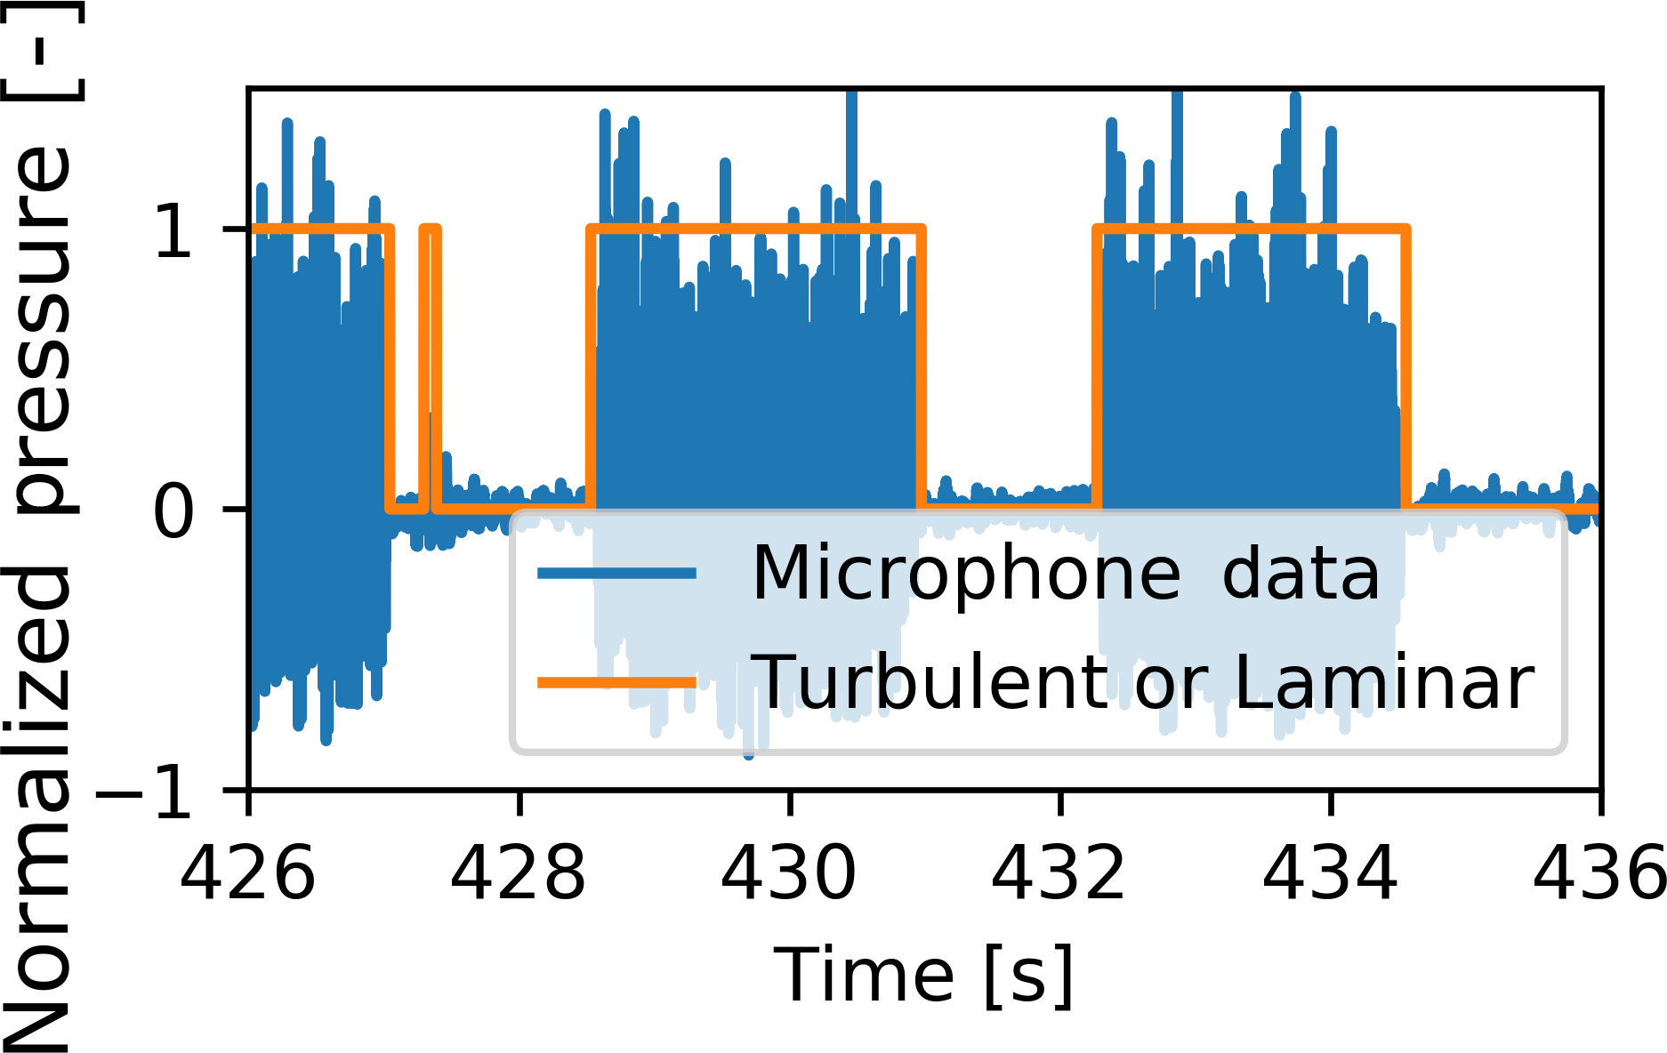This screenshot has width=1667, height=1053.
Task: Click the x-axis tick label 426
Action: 248,872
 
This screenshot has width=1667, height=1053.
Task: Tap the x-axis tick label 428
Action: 519,872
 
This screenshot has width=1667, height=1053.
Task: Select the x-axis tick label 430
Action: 789,872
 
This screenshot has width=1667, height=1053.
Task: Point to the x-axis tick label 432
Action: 1059,872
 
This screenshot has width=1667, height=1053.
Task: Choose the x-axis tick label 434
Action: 1331,872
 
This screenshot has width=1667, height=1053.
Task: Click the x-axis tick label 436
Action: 1599,872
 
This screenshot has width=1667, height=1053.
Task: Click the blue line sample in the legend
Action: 616,574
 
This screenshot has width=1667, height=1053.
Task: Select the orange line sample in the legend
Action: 616,683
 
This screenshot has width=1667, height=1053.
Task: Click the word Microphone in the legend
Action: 966,574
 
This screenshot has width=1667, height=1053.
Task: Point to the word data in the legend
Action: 1301,574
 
